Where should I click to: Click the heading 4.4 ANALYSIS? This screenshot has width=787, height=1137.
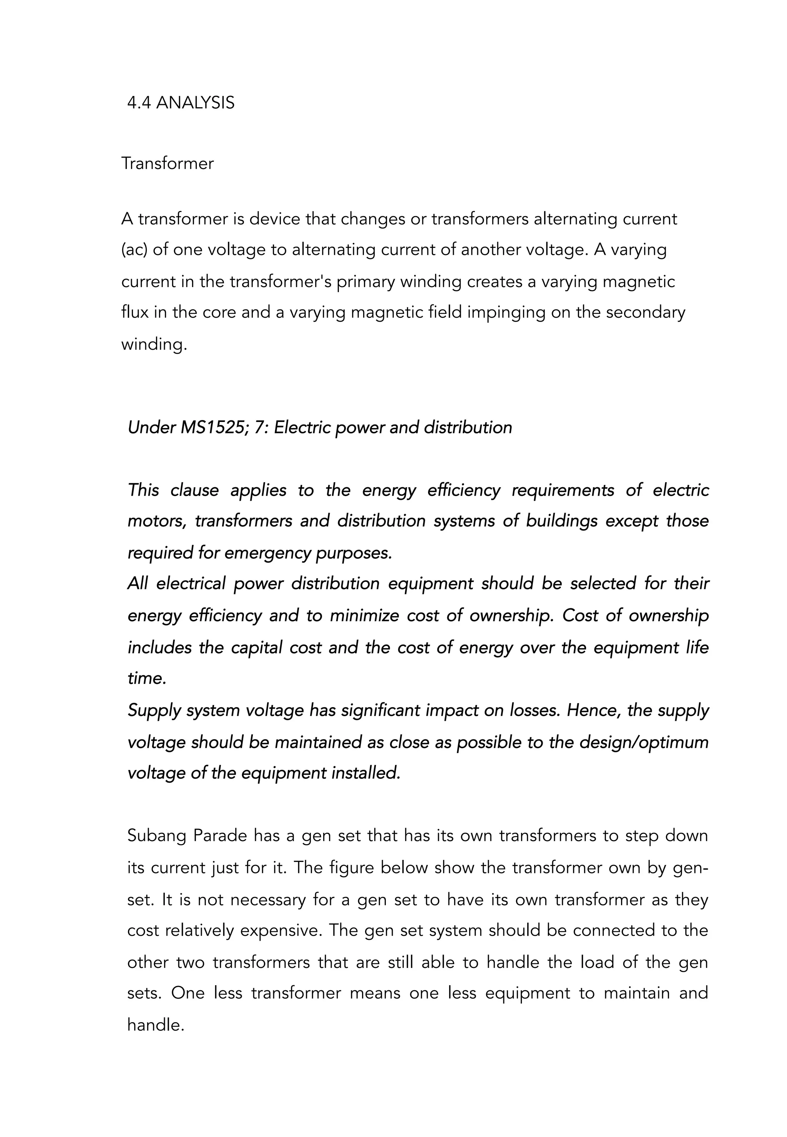coord(181,103)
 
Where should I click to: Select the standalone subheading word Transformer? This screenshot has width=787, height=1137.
coord(168,163)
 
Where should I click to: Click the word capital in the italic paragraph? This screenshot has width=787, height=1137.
coord(256,647)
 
